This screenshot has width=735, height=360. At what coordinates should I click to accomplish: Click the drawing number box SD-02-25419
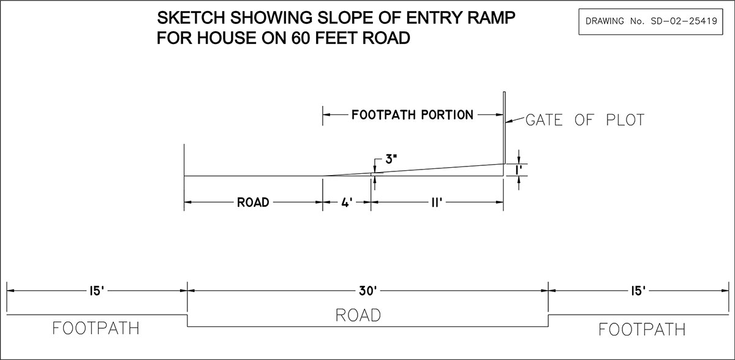(x=650, y=21)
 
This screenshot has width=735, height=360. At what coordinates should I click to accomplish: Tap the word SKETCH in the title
(x=191, y=18)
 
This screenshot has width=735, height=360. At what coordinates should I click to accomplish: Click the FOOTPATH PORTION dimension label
(x=412, y=114)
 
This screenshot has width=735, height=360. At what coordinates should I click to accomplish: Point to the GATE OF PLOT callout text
(x=585, y=120)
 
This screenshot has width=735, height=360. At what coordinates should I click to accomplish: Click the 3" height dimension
(x=391, y=159)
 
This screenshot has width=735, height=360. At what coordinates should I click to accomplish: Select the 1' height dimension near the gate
(x=518, y=170)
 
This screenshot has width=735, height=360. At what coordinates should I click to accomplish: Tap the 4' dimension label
(x=347, y=203)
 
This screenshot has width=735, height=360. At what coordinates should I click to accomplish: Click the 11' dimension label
(x=437, y=203)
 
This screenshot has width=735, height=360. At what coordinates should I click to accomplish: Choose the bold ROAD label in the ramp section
(x=253, y=203)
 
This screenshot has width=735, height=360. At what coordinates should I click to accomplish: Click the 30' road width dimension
(x=367, y=290)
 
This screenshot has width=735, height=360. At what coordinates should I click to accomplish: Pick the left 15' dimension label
(x=97, y=290)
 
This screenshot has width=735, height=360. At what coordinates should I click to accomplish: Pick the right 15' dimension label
(x=638, y=290)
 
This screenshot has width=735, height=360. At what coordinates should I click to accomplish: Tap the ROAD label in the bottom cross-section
(x=358, y=315)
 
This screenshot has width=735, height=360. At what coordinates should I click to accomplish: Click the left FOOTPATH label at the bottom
(x=96, y=328)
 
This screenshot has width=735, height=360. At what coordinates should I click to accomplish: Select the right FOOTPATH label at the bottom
(x=642, y=329)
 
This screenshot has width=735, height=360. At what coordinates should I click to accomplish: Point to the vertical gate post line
(x=504, y=133)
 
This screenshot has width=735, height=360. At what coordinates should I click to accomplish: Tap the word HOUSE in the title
(x=227, y=38)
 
